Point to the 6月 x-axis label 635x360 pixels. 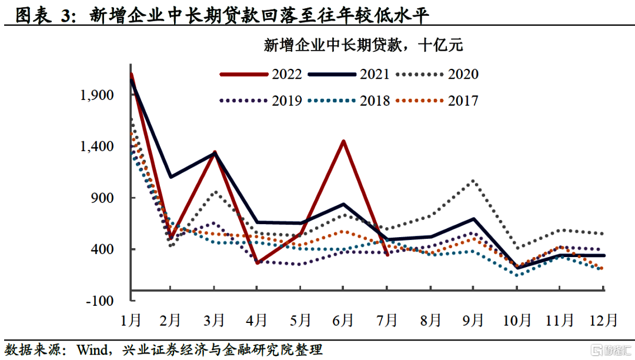pyautogui.click(x=343, y=321)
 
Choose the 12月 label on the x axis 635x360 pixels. pyautogui.click(x=604, y=321)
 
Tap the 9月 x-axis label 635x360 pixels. pyautogui.click(x=474, y=321)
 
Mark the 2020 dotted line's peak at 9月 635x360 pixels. pyautogui.click(x=474, y=181)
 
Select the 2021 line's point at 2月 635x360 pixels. pyautogui.click(x=171, y=176)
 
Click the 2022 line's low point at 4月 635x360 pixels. pyautogui.click(x=257, y=262)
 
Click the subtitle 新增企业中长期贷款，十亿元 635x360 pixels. pyautogui.click(x=364, y=45)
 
